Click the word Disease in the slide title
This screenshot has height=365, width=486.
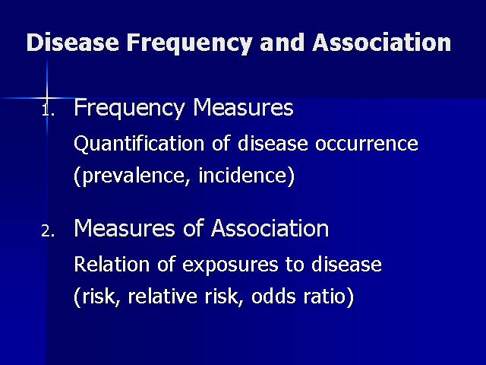[73, 43]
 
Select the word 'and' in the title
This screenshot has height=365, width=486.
[282, 43]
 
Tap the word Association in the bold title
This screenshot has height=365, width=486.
[381, 43]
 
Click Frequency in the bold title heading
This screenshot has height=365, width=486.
[189, 43]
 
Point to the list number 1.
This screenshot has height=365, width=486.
[48, 109]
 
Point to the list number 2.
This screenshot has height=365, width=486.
[48, 231]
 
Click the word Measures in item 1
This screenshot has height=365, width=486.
[243, 107]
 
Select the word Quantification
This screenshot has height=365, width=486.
[139, 144]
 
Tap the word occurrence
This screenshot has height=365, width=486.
[367, 144]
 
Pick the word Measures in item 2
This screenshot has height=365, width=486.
[125, 228]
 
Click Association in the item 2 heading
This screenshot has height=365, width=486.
[270, 228]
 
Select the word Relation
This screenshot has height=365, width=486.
[112, 265]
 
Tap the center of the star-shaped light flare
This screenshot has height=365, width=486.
[47, 98]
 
